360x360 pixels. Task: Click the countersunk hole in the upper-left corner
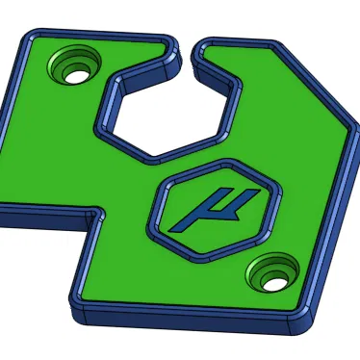click(x=75, y=66)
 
